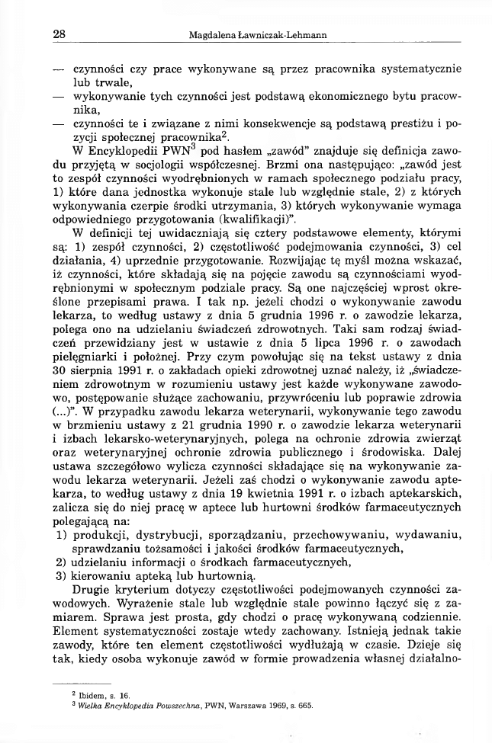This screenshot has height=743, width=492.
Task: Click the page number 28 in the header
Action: coord(59,34)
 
